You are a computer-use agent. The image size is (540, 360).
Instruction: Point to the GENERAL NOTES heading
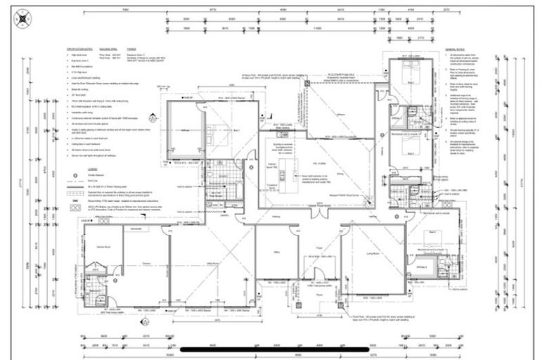click(456, 50)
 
